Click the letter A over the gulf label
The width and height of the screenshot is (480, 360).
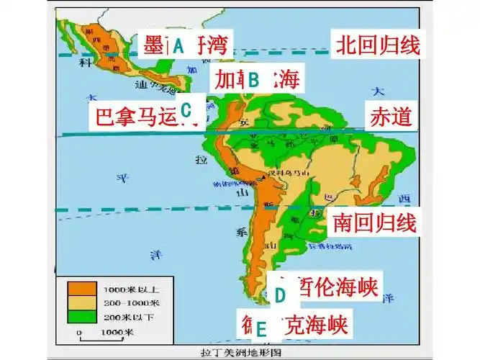(x=179, y=46)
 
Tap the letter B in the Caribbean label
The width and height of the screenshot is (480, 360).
(x=253, y=79)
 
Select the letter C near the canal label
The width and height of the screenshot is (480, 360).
(x=186, y=110)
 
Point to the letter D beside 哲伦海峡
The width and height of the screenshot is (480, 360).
(x=281, y=294)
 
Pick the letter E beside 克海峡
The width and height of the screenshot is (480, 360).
(x=261, y=329)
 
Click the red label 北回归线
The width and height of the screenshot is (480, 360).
(x=376, y=46)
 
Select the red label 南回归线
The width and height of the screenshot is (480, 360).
(x=375, y=222)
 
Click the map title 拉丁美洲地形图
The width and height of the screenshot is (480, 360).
(x=239, y=354)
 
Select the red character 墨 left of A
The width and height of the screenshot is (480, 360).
(x=153, y=45)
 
